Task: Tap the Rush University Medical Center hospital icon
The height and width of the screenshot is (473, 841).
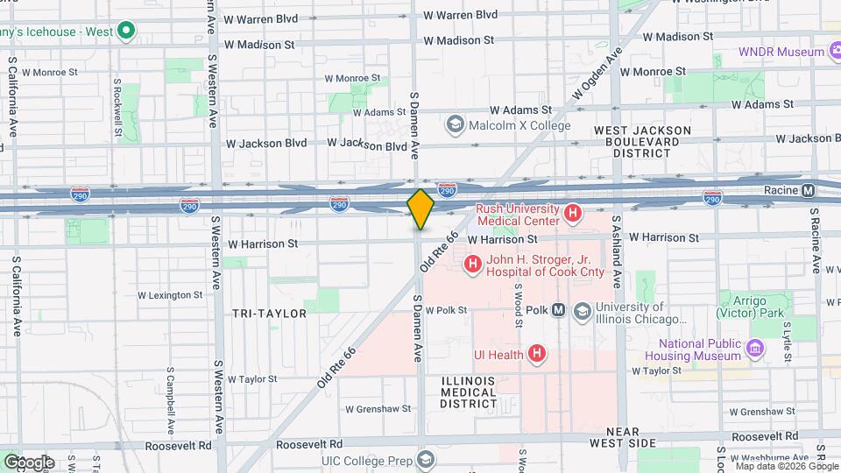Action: (573, 213)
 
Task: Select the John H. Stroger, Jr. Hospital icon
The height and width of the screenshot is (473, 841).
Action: (473, 263)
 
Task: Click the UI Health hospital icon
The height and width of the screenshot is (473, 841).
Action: (538, 354)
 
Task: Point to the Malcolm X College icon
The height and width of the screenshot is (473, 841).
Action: (455, 125)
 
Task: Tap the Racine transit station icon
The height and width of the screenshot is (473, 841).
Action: (808, 190)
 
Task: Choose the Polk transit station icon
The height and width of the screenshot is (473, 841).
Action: (583, 311)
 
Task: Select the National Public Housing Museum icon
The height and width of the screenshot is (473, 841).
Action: (755, 349)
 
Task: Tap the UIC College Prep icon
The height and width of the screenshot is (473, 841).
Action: (426, 460)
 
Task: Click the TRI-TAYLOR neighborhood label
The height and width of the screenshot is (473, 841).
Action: (269, 313)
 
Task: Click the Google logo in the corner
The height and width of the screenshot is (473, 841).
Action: (28, 462)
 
